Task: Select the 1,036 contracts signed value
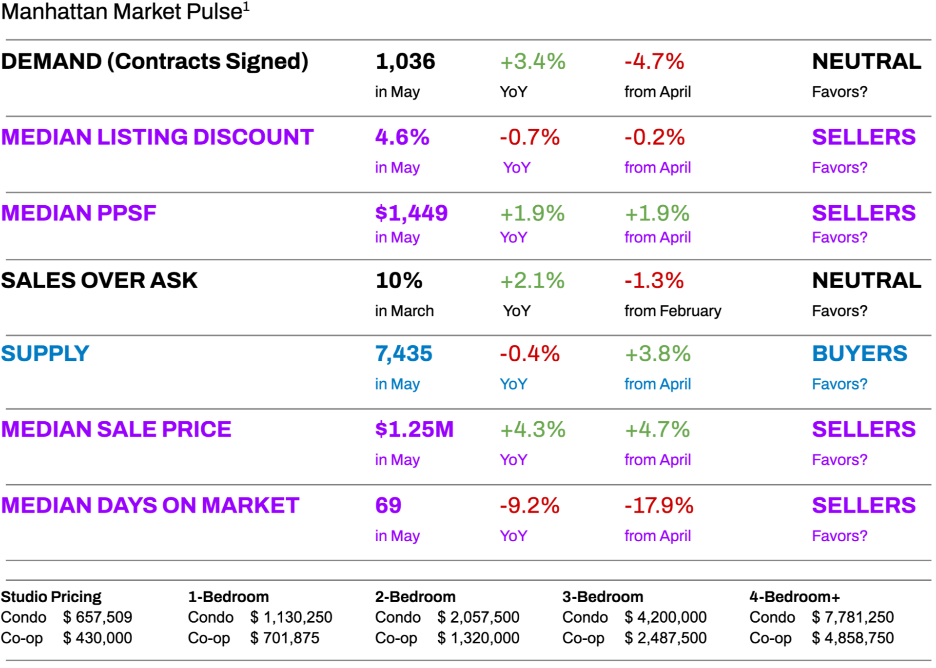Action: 405,61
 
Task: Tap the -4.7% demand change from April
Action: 654,61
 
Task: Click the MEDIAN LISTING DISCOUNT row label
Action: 157,137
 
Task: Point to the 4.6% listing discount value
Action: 402,137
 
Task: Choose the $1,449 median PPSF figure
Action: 411,213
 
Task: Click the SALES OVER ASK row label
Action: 99,280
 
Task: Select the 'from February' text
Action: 672,311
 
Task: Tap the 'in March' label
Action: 404,311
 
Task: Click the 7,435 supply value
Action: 404,354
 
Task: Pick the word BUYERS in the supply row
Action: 859,354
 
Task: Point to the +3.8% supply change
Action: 658,354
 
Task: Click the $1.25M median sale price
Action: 414,430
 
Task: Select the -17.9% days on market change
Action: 659,506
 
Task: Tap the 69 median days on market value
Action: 388,506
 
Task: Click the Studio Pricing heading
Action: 51,596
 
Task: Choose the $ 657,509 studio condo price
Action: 97,617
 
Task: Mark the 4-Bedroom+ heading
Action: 795,596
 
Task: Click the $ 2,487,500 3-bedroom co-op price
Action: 665,638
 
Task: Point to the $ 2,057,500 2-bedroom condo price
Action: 478,617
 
